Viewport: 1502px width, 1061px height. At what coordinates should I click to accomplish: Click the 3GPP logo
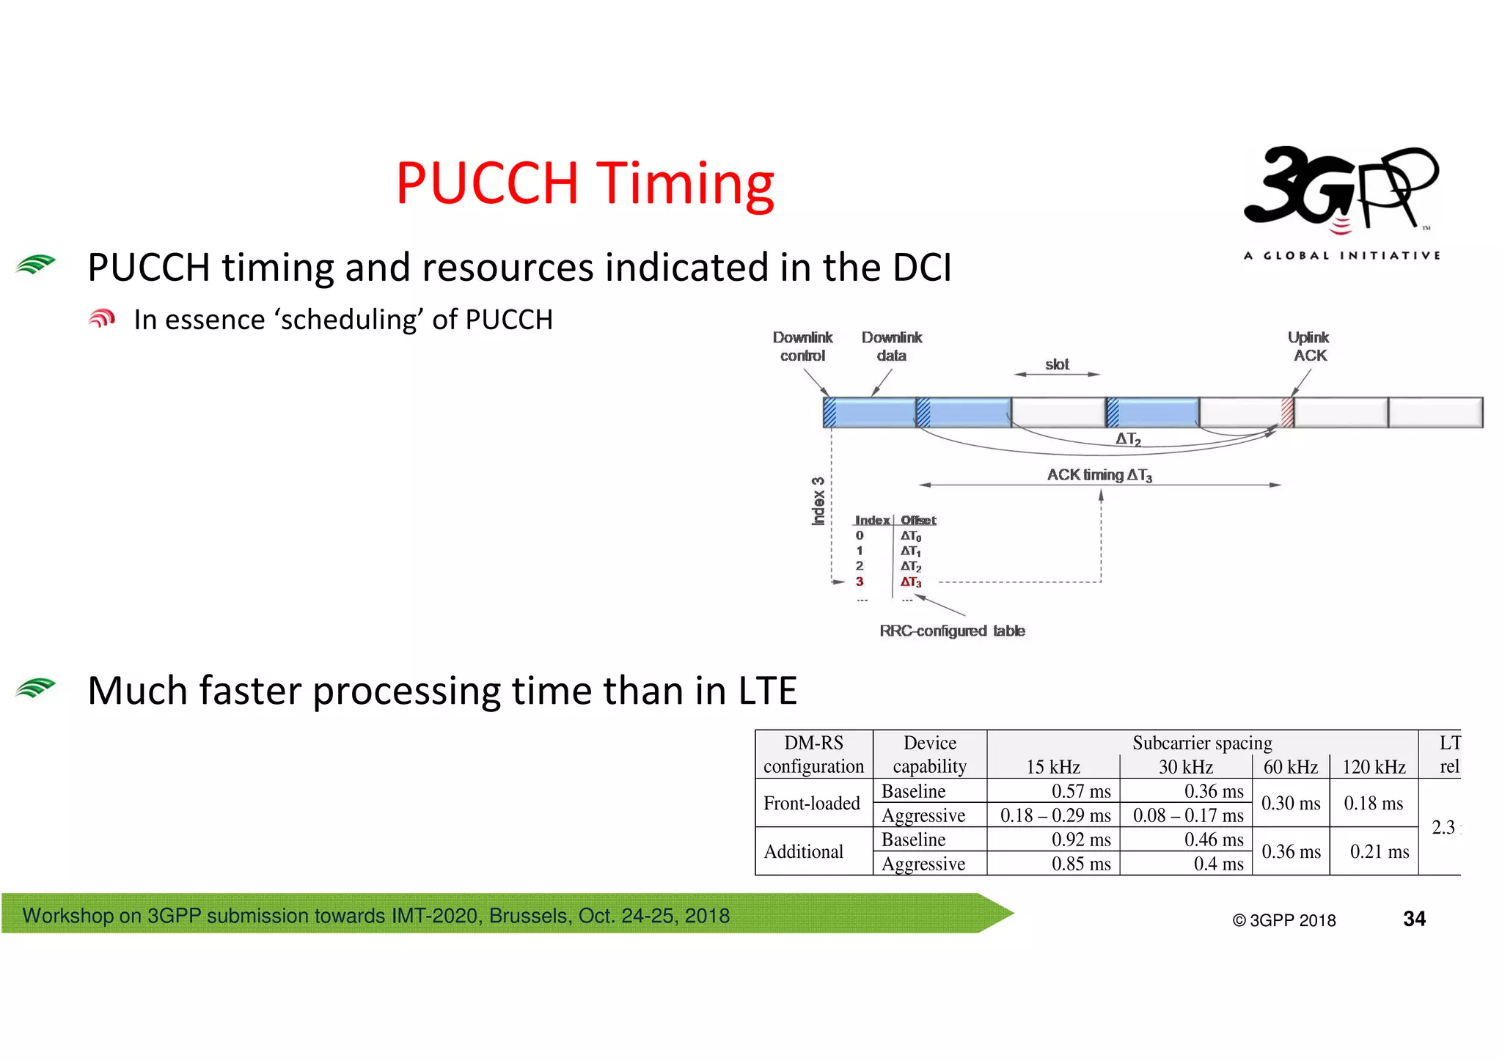1341,192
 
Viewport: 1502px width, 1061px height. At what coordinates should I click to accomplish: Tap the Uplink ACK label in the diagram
1309,347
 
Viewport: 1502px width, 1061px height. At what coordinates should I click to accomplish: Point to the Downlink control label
802,347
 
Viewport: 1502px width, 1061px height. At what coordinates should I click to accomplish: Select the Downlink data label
892,347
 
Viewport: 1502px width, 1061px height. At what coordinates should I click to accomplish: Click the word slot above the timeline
1057,364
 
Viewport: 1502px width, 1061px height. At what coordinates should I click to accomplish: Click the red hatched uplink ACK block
1287,412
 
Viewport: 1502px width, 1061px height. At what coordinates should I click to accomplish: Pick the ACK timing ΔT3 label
1099,475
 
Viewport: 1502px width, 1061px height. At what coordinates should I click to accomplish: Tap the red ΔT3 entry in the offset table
911,582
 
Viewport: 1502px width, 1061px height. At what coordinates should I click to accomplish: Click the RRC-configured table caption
952,631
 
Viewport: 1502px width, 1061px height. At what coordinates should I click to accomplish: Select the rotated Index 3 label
818,502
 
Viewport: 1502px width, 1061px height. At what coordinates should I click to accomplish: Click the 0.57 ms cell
1081,791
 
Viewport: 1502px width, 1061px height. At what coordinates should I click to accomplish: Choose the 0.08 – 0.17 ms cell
1187,815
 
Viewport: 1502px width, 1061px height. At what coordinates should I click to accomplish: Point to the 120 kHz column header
1374,767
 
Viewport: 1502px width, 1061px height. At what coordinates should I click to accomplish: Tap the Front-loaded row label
812,804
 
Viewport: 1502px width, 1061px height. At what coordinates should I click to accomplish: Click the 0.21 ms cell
1379,852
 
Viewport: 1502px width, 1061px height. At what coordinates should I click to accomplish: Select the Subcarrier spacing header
1202,743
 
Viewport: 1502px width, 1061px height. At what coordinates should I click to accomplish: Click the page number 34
1414,919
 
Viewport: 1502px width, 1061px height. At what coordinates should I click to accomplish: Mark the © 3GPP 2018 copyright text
1284,921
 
